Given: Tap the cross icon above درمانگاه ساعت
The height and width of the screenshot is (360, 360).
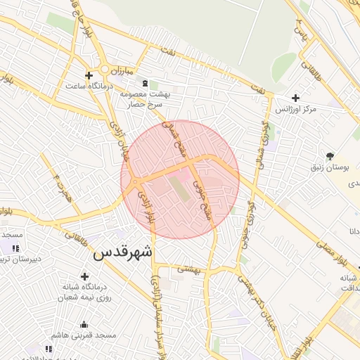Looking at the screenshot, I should tap(89, 75).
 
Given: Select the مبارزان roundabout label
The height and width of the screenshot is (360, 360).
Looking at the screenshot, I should tap(121, 70).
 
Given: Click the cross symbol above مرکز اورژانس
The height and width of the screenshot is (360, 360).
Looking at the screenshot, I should tap(295, 98).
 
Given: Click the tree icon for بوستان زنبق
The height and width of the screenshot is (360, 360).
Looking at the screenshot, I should tap(330, 155).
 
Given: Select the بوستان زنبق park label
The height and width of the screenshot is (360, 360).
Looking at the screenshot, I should tap(330, 167).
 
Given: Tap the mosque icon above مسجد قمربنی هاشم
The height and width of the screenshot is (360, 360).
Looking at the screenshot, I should tap(84, 324).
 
